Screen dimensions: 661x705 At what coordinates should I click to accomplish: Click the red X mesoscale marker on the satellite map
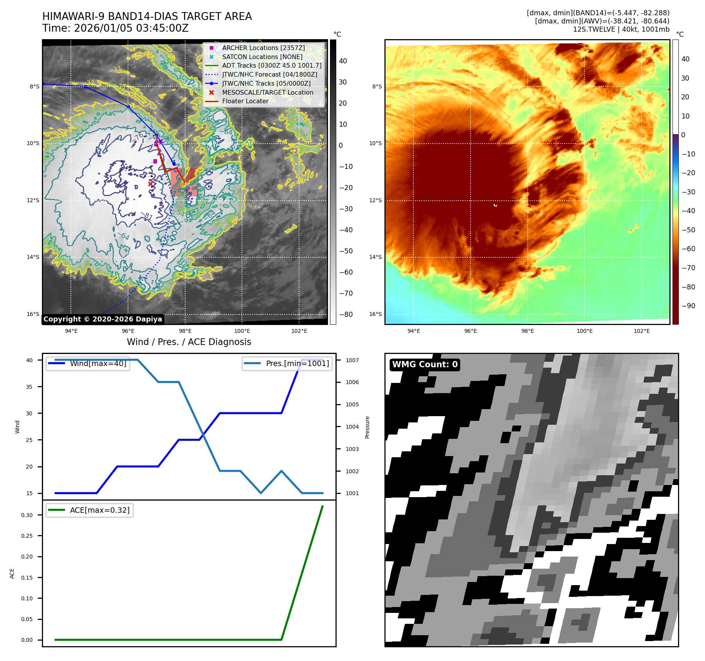tap(151, 184)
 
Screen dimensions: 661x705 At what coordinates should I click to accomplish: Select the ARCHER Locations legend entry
tap(263, 48)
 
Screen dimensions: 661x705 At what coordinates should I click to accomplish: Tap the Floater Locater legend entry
tap(245, 101)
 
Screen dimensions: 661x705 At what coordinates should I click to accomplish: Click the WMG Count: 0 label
tap(425, 365)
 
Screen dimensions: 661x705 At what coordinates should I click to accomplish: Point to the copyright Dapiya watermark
tap(103, 319)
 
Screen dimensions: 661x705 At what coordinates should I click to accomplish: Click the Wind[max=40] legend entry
tap(98, 363)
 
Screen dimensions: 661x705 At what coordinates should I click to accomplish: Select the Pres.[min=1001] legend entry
tap(297, 363)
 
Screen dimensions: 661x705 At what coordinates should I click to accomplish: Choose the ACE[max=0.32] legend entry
tap(99, 510)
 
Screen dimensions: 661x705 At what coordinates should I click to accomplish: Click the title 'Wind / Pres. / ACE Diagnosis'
tap(189, 342)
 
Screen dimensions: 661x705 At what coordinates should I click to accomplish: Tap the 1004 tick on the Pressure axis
tap(352, 427)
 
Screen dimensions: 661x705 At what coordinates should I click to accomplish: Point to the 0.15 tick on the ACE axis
tap(27, 577)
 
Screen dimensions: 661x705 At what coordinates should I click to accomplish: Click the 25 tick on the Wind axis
tap(29, 440)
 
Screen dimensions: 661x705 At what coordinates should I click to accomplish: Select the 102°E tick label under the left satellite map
tap(299, 331)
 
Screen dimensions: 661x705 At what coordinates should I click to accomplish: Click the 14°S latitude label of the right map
tap(375, 257)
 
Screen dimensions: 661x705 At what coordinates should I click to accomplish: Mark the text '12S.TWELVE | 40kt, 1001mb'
tap(621, 29)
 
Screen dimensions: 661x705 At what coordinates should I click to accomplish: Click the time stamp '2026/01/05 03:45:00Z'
tap(131, 28)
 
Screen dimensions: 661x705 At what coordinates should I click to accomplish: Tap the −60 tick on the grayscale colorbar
tap(346, 272)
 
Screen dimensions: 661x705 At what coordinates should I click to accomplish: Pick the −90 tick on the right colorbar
tap(688, 306)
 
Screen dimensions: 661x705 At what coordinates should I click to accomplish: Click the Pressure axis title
tap(367, 427)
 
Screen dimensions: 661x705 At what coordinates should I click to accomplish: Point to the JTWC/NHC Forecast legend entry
tap(269, 74)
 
